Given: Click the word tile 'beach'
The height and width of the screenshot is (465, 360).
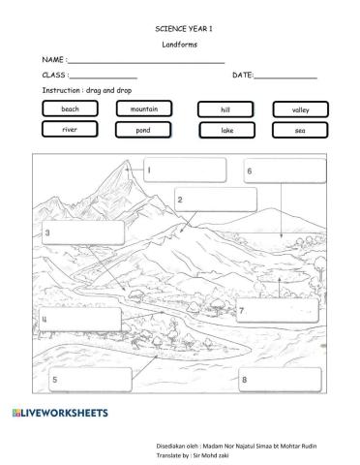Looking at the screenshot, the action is click(70, 109).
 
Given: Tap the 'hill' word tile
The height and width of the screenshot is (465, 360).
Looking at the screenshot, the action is click(225, 110).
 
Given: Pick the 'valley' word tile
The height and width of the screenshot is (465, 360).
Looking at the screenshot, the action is click(300, 110).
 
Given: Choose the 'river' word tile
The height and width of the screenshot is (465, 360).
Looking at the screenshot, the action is click(70, 129).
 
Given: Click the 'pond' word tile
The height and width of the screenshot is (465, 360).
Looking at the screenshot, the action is click(143, 130).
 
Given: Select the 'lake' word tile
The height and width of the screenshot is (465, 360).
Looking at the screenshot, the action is click(225, 130).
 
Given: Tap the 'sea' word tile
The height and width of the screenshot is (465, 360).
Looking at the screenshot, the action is click(300, 130).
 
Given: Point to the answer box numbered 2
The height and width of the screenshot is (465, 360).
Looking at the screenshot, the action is click(215, 200).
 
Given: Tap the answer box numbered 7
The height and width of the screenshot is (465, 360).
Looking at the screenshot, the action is click(278, 310).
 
